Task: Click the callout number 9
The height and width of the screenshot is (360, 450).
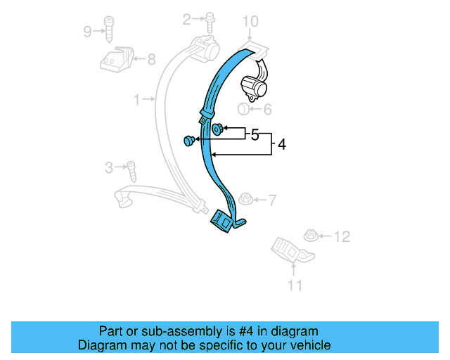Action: point(87,31)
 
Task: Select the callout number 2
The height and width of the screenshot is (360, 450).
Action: point(187,20)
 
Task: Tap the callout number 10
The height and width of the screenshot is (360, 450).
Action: point(251,22)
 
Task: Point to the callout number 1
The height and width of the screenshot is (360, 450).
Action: point(137,100)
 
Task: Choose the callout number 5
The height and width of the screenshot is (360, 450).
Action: point(255,134)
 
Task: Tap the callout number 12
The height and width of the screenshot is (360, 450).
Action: point(342,237)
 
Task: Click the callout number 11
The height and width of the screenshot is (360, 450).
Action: point(295,285)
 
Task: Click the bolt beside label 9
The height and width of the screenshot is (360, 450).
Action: point(109,28)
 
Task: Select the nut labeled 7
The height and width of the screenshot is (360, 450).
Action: point(247,200)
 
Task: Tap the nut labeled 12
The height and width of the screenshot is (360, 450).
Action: point(309,235)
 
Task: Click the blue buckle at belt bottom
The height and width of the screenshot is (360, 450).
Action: point(224,221)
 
